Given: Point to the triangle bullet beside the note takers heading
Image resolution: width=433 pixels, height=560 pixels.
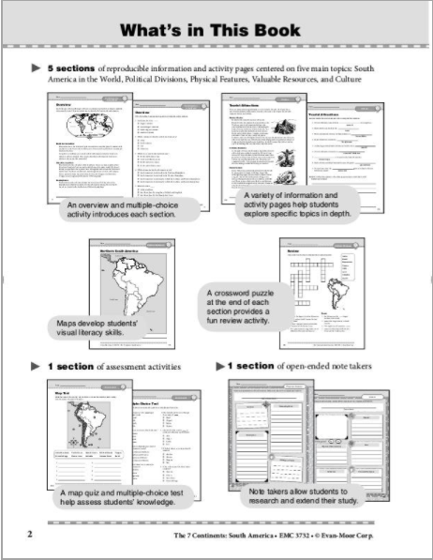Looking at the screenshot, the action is tap(221, 364).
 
